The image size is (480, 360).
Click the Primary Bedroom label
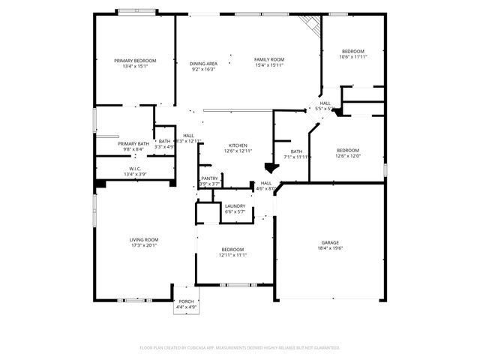(135, 60)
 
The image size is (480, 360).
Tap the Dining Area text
(203, 64)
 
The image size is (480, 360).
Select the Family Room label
(268, 59)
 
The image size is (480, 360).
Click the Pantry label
(210, 178)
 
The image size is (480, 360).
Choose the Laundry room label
(235, 205)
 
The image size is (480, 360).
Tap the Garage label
(330, 242)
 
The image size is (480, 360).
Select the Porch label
(186, 301)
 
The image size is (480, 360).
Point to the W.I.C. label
(135, 169)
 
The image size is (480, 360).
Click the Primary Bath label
(133, 143)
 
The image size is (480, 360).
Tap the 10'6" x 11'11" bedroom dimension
(352, 57)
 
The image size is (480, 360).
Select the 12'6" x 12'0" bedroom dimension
(348, 156)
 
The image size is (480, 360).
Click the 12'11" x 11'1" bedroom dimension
(232, 255)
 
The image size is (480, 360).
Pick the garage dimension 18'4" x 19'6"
(330, 248)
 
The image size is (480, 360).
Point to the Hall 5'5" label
(325, 103)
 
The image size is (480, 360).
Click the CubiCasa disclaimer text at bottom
(240, 348)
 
